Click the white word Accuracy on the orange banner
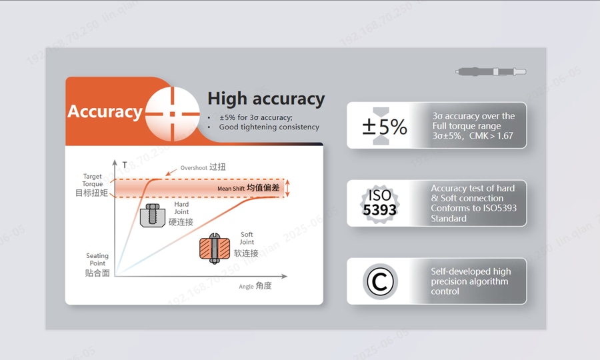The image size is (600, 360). pos(105,112)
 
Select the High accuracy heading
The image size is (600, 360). pos(266,99)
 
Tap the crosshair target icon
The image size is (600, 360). pos(173,113)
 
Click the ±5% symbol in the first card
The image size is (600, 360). pos(385,127)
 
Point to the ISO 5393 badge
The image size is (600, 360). pos(379,203)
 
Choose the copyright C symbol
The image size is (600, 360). pos(380,281)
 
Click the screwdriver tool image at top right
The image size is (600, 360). pos(491,71)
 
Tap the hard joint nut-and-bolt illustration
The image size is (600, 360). pos(152,215)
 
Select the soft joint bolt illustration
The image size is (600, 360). pos(215,249)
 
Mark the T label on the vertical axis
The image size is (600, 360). pos(125,165)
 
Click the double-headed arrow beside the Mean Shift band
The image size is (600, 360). pos(287,188)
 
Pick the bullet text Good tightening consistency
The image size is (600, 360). pos(269,127)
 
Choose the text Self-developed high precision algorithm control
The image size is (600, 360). pos(471,281)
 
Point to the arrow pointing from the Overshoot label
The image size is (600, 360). pos(171,172)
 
